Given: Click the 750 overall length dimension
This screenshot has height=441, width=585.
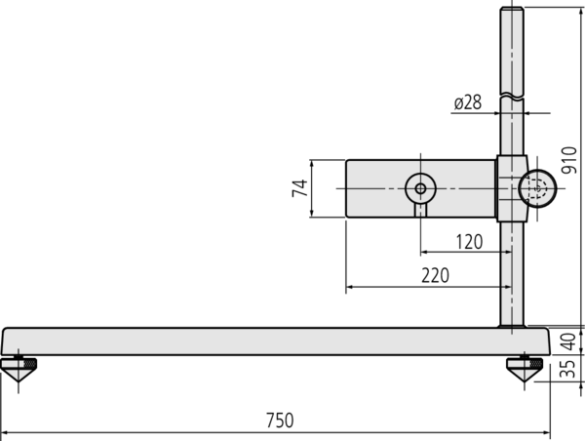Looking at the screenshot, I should click(x=280, y=421).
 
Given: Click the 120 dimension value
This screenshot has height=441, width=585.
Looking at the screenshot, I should click(x=469, y=241).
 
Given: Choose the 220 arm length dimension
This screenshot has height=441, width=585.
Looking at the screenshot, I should click(x=435, y=276).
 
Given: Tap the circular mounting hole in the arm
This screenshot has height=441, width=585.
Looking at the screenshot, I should click(x=419, y=188).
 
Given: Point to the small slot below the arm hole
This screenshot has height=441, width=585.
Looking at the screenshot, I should click(x=419, y=209).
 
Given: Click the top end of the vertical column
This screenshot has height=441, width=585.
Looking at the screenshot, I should click(x=513, y=12).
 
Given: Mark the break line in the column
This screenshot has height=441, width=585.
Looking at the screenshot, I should click(x=513, y=96).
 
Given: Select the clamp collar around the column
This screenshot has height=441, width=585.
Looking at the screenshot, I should click(x=511, y=188).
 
